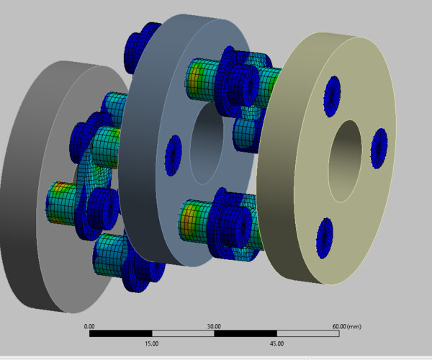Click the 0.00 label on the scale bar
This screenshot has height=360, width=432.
89,326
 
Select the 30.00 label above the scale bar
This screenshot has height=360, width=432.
214,326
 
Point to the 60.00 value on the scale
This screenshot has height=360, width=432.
338,326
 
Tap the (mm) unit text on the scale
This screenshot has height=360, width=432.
354,326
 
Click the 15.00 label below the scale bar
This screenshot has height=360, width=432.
151,343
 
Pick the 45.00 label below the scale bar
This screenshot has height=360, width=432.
276,343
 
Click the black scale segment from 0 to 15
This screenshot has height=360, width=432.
120,334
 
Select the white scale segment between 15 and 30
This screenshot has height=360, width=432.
183,334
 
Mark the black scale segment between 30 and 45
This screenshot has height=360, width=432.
245,334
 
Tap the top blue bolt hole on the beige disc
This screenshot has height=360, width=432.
333,95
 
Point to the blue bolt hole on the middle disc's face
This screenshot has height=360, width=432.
173,154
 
